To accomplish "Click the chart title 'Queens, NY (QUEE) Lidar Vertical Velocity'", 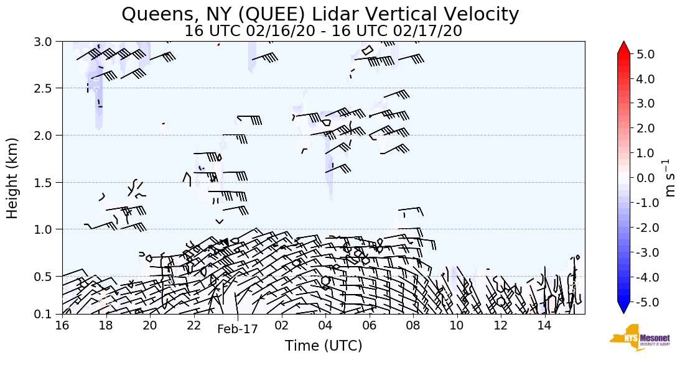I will pos(320,14).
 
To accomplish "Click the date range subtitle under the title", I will pos(323,31).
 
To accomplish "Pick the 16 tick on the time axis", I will pos(62,326).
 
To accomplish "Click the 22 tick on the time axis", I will pos(193,326).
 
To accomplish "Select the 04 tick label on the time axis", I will pos(325,326).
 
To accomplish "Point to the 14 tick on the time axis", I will pos(544,326).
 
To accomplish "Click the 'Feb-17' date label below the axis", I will pos(238,330).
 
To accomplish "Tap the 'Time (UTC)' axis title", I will pos(324,346).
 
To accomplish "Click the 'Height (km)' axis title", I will pos(13,178).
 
